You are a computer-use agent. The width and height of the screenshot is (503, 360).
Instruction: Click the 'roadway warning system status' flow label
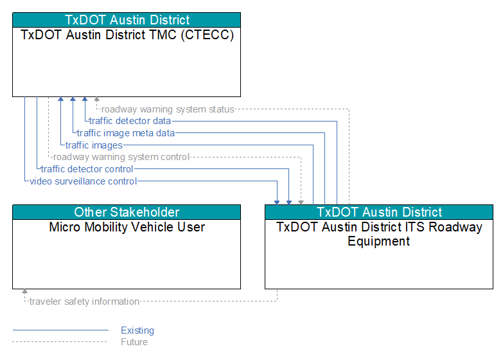tap(168, 109)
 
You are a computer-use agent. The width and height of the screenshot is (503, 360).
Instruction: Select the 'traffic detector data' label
tap(130, 121)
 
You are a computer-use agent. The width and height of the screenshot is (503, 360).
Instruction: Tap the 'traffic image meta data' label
tap(126, 133)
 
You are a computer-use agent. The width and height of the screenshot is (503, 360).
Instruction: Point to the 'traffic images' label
tap(94, 145)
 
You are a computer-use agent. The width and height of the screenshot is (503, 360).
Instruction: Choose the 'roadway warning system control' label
tap(121, 157)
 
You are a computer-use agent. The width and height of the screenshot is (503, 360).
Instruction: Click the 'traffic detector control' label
tap(87, 169)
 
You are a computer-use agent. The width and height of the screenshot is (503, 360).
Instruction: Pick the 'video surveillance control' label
tap(83, 181)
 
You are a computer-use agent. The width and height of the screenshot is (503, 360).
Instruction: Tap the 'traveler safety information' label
tap(84, 301)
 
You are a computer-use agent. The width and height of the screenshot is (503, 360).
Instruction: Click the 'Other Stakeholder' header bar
tap(127, 212)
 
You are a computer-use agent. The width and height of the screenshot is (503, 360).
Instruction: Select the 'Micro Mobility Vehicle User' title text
tap(127, 227)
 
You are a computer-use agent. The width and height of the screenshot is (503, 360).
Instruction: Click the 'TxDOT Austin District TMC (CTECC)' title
tap(127, 35)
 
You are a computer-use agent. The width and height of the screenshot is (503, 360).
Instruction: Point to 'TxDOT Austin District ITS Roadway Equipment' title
tap(379, 234)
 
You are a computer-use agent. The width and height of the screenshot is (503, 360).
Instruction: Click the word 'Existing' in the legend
tap(137, 330)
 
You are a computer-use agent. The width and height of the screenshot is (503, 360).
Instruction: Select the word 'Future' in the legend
tap(134, 342)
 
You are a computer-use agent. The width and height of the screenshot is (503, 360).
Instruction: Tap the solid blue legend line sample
tap(60, 330)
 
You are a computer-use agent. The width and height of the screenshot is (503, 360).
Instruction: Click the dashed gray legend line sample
tap(60, 342)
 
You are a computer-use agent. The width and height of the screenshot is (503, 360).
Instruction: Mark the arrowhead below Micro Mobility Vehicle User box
tap(24, 291)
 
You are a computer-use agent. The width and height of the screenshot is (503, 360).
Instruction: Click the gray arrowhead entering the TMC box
tap(96, 99)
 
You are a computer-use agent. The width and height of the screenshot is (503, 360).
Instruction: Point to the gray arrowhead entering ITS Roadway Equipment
tap(301, 203)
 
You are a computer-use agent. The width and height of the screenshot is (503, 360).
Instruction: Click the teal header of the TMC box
tap(127, 20)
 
